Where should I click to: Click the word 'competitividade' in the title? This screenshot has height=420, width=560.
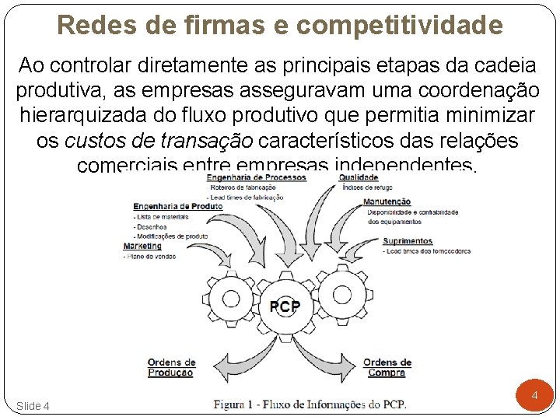coord(400,26)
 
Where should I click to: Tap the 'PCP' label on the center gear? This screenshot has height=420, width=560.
coord(285,307)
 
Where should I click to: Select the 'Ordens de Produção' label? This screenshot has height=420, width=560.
coord(171,368)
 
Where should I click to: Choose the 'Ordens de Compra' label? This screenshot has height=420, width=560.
coord(387,368)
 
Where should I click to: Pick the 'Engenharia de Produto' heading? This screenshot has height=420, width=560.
coord(178,207)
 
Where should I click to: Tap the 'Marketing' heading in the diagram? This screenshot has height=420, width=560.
coord(142,247)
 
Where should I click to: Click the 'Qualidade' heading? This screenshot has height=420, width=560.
coord(359,178)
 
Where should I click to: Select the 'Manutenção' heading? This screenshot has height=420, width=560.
coord(387,202)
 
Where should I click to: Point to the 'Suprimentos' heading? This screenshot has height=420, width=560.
coord(408,242)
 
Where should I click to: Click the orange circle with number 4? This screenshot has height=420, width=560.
coord(534,396)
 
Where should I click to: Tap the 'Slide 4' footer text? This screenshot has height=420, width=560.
coord(33,406)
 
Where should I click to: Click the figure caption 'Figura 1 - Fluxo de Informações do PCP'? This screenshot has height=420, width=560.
coord(310,404)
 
